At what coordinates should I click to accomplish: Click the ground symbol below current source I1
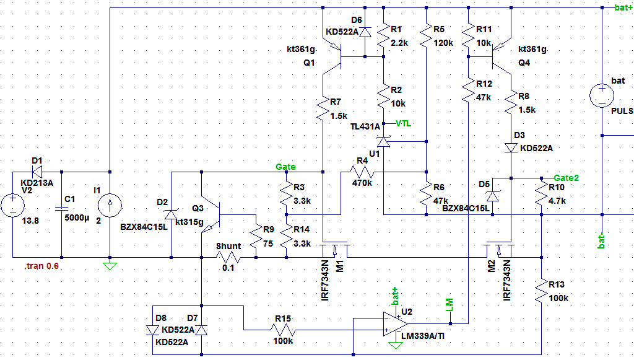tap(110, 266)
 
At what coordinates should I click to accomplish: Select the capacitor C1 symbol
tap(61, 208)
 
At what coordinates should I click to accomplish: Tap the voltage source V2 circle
tap(12, 205)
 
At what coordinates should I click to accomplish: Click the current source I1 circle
tap(110, 205)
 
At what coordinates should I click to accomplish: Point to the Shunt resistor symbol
tap(228, 257)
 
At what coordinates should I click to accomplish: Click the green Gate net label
tap(285, 167)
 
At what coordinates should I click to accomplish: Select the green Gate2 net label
tap(566, 178)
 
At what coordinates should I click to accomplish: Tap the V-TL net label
tap(402, 123)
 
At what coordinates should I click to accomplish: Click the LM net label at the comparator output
tap(449, 305)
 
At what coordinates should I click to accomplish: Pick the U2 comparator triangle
tap(395, 324)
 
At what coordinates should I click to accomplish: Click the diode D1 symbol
tap(37, 172)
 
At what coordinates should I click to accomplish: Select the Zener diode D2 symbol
tap(171, 214)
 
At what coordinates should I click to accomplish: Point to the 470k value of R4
tap(362, 183)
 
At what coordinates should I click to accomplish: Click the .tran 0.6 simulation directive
tap(41, 266)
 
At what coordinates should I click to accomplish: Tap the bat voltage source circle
tap(602, 96)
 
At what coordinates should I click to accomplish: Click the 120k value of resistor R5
tap(443, 43)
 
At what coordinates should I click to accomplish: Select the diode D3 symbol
tap(511, 148)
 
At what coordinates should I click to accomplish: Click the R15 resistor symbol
tap(283, 330)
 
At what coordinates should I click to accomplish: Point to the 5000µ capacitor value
tap(77, 217)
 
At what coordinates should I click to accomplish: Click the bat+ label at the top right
tap(623, 7)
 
